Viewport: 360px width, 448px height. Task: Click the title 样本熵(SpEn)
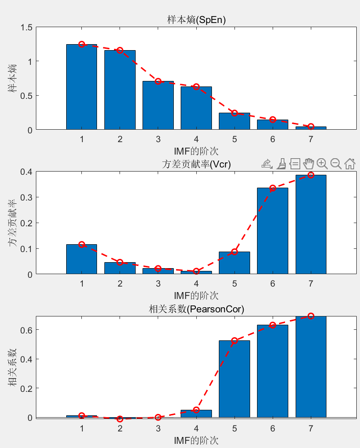(x=196, y=20)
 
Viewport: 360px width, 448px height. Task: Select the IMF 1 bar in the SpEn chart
(x=81, y=87)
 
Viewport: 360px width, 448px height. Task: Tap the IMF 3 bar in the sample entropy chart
(x=158, y=106)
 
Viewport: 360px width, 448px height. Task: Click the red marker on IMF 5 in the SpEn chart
(x=234, y=113)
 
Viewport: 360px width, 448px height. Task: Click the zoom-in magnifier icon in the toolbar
(x=322, y=163)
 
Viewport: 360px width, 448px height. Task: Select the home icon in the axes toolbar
(x=349, y=163)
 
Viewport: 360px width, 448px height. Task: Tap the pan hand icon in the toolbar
(x=309, y=163)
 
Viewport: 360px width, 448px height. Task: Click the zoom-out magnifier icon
(x=336, y=163)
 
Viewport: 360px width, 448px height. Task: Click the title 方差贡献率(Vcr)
(x=196, y=164)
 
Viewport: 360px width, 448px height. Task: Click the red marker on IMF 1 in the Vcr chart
(x=81, y=245)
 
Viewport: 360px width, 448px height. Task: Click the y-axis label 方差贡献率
(x=12, y=223)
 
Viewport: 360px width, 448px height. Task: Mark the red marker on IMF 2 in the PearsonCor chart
(x=120, y=419)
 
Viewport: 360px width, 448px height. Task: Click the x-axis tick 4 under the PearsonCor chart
(x=196, y=429)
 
